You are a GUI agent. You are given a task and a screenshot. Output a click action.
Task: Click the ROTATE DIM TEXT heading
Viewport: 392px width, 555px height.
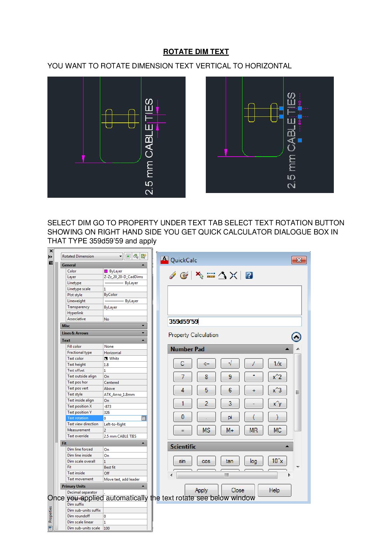(196, 52)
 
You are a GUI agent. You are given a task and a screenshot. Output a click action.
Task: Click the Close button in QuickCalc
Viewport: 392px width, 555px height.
(238, 490)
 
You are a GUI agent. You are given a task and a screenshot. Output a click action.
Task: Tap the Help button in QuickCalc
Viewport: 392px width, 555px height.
(274, 490)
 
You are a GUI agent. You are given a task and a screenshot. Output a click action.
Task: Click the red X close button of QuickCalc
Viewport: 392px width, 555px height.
(299, 260)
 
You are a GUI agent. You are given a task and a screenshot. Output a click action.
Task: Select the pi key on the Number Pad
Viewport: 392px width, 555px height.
(230, 417)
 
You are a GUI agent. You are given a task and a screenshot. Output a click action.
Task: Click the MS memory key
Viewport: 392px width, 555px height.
(206, 430)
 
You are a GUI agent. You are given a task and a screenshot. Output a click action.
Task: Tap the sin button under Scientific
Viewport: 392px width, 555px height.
(182, 461)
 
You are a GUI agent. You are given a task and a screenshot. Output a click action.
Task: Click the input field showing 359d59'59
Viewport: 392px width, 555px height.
(234, 321)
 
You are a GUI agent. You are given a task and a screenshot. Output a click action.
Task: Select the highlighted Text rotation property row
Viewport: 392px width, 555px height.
(84, 418)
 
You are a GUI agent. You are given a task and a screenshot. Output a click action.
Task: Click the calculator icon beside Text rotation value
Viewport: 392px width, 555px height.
(144, 418)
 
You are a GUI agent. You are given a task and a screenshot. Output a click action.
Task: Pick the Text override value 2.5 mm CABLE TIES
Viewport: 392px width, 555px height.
(125, 436)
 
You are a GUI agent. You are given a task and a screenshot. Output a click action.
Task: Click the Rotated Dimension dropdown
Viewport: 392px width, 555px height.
(92, 256)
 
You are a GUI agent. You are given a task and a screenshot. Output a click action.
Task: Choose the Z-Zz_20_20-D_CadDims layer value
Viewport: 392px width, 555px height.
(125, 277)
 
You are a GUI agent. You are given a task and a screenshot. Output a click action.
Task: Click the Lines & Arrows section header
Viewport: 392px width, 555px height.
(103, 333)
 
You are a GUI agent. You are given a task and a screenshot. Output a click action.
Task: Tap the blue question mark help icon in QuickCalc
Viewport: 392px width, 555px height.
(249, 275)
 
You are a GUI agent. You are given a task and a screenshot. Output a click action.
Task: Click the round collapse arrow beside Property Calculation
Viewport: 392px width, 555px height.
(296, 337)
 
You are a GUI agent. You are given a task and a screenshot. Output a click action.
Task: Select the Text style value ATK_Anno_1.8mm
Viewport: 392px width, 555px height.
(125, 394)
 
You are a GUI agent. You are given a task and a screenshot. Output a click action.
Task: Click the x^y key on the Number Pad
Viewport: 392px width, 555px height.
(277, 404)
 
